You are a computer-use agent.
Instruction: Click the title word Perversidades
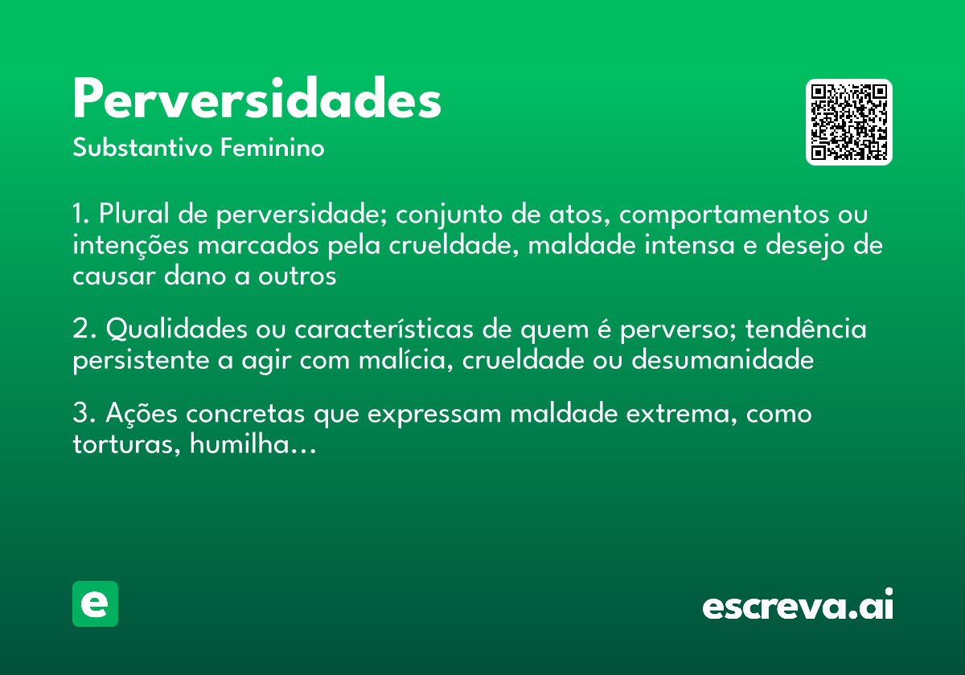click(257, 100)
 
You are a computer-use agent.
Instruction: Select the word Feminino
click(273, 149)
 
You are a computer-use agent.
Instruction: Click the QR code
click(848, 122)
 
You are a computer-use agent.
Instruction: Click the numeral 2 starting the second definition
click(80, 330)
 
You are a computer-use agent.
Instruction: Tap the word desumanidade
click(722, 361)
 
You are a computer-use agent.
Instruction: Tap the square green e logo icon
click(95, 603)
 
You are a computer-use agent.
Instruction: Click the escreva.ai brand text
click(798, 605)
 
